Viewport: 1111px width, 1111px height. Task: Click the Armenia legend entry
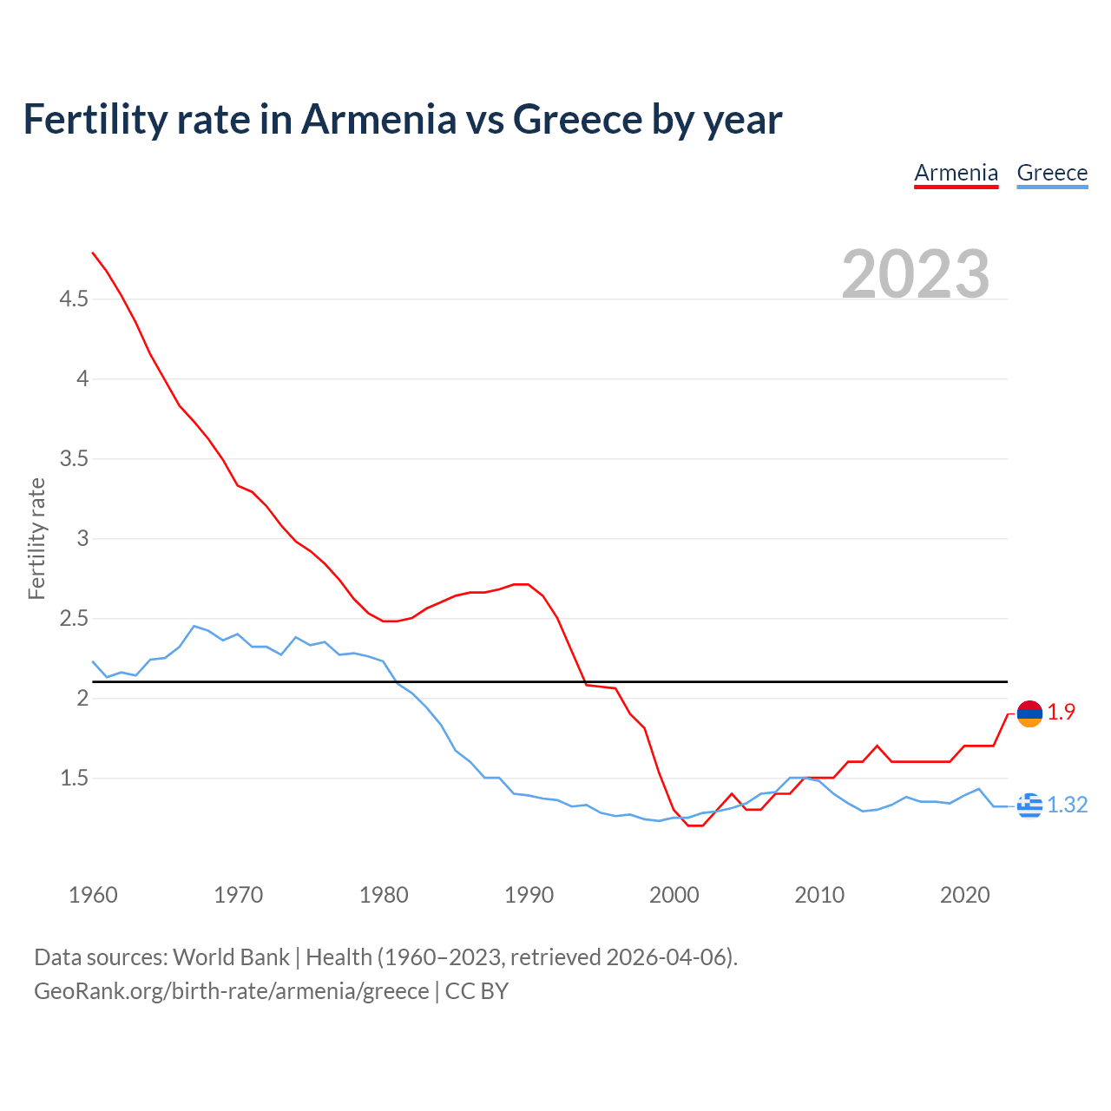tap(956, 173)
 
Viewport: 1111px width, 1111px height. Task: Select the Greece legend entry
tap(1052, 173)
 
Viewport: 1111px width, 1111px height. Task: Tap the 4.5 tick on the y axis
tap(74, 299)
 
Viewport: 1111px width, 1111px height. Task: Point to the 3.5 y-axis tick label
tap(74, 459)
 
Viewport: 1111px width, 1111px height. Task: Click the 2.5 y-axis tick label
tap(74, 619)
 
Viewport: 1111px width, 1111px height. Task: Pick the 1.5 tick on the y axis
tap(74, 779)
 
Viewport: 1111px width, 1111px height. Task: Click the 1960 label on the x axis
tap(93, 895)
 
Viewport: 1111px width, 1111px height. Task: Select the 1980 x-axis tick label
tap(384, 895)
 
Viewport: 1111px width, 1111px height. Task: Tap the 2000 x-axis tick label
tap(674, 895)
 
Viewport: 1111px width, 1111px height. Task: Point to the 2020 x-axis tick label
tap(964, 895)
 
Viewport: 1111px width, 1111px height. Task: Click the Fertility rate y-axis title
tap(36, 538)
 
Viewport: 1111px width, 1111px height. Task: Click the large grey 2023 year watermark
tap(916, 274)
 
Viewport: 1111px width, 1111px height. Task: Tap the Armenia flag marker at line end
tap(1029, 713)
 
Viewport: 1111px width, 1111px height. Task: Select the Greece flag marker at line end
tap(1029, 805)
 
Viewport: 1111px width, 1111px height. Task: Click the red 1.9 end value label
tap(1061, 713)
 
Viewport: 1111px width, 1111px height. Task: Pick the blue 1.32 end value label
tap(1067, 805)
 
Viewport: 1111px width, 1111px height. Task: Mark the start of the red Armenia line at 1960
tap(93, 253)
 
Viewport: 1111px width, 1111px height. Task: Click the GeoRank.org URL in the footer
tap(231, 991)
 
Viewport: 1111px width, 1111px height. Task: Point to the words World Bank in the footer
tap(231, 957)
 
